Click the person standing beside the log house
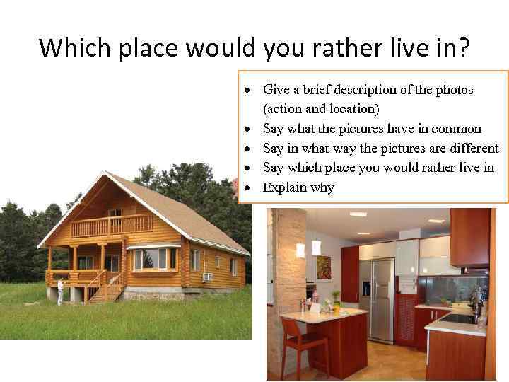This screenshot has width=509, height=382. (x=61, y=290)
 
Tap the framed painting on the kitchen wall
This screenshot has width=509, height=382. (x=323, y=268)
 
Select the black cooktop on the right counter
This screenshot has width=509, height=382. (x=458, y=318)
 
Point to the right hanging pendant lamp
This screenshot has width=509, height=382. (x=316, y=248)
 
